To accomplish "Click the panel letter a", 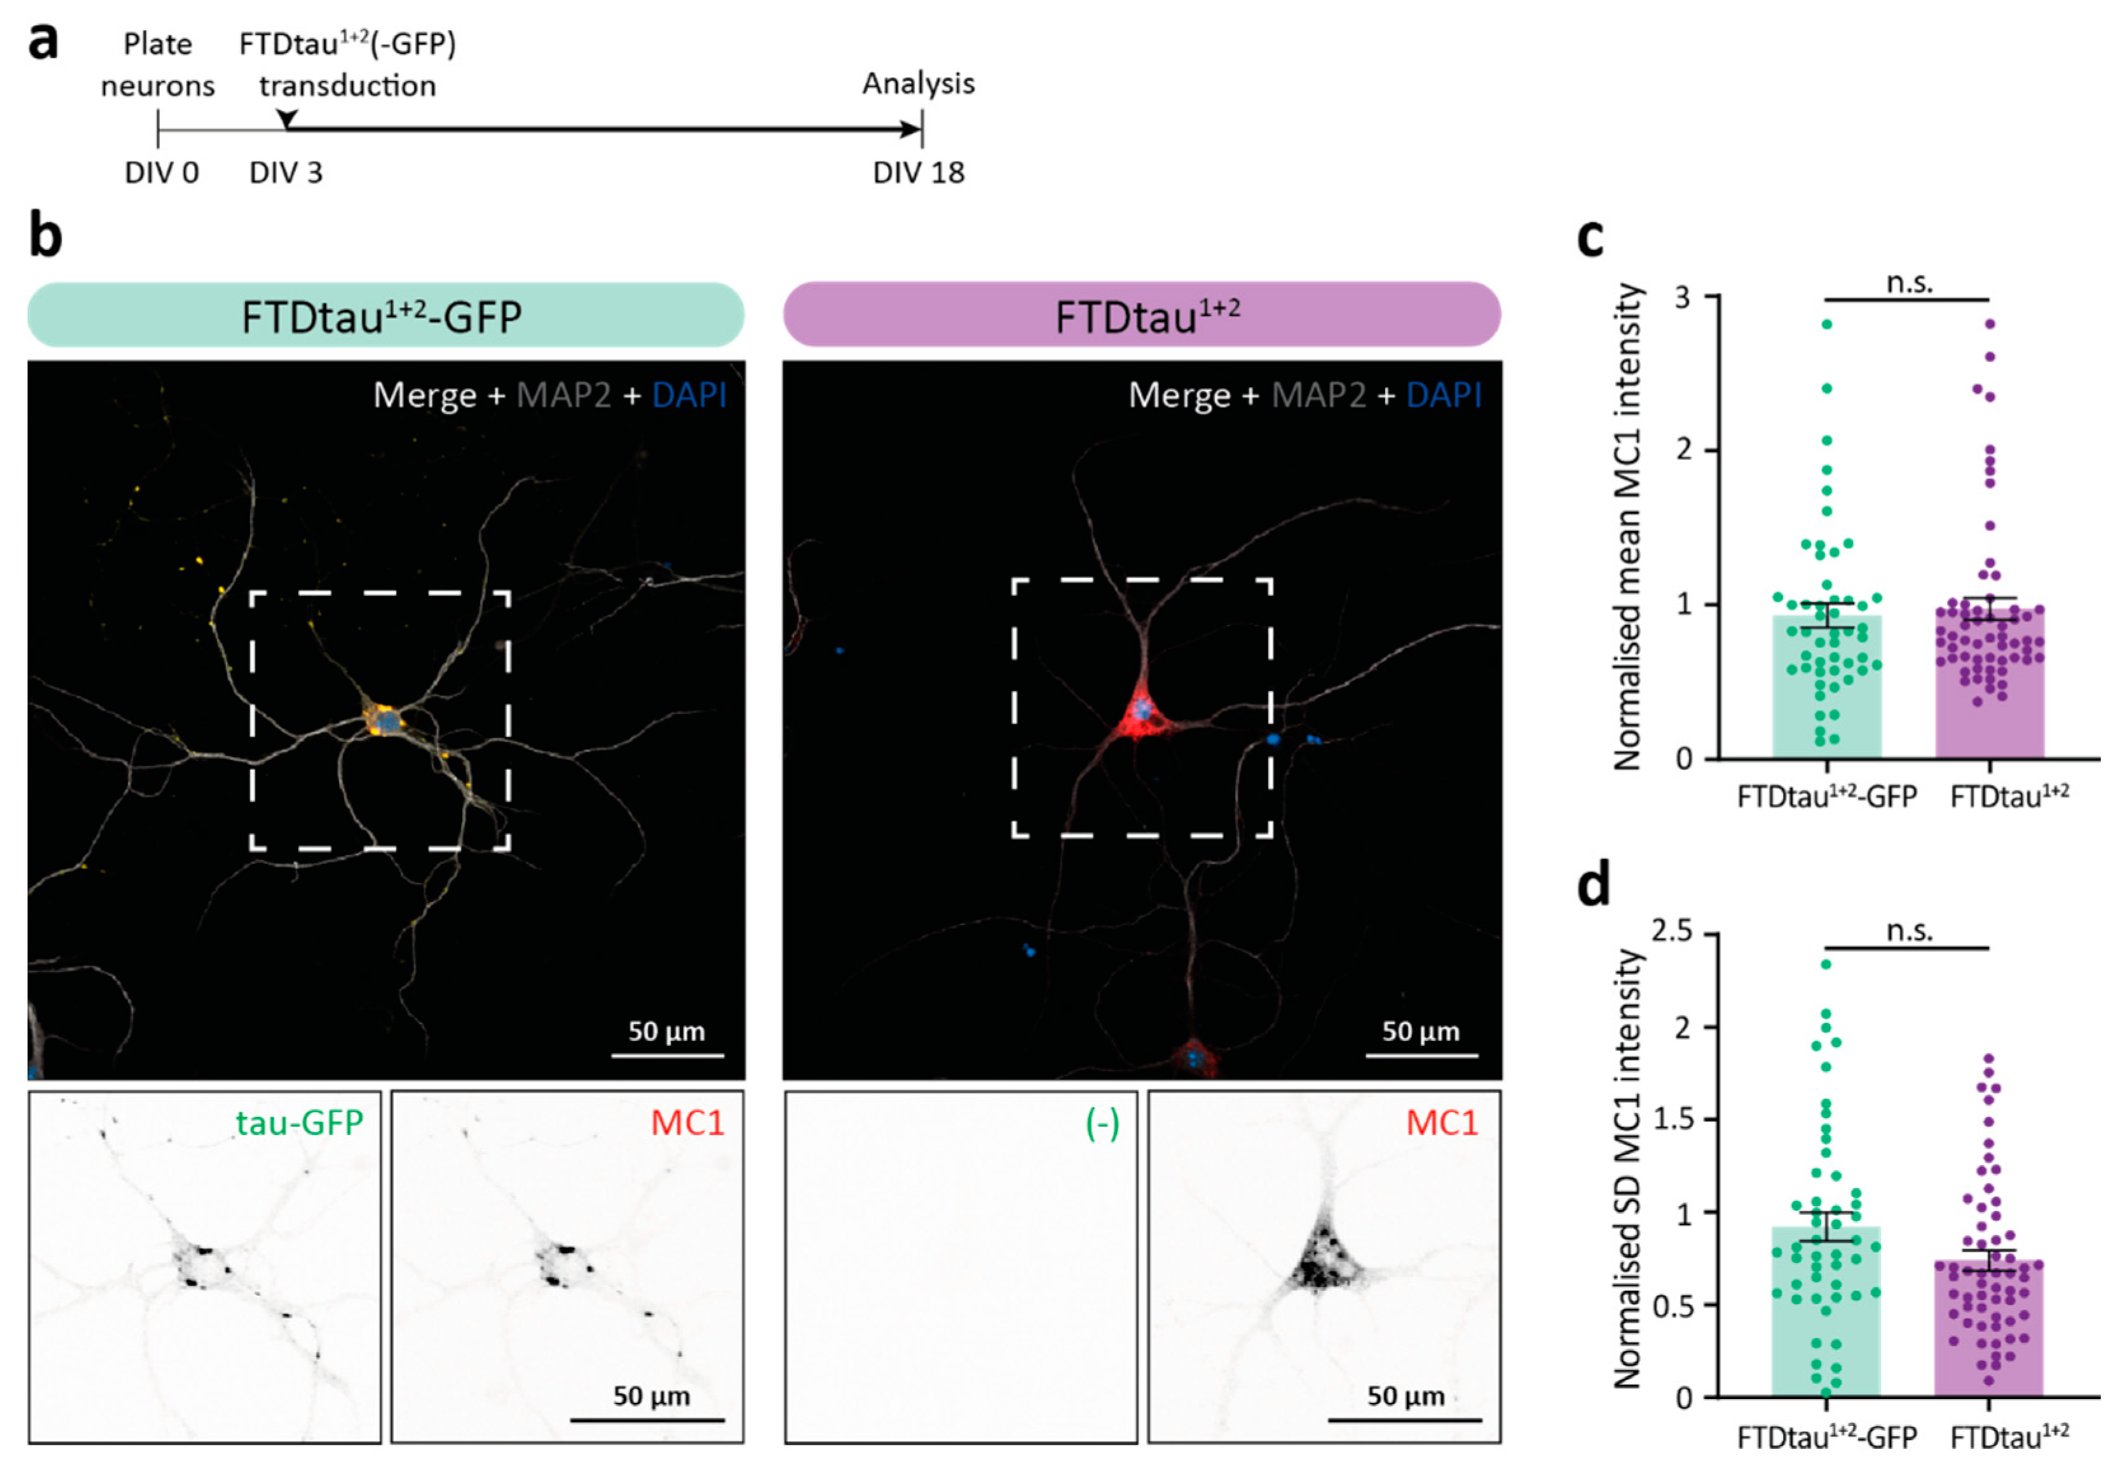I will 43,41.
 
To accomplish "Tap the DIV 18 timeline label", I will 918,173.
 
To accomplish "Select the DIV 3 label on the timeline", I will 286,173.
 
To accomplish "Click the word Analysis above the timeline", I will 918,83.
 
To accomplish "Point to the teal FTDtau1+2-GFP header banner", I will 385,315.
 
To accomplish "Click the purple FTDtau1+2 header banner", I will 1141,315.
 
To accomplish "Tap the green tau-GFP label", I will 299,1122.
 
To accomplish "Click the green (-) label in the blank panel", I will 1102,1123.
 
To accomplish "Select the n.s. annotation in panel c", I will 1909,283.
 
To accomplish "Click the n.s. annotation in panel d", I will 1909,931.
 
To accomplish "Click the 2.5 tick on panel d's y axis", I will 1671,932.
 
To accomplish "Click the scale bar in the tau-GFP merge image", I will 667,1053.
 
